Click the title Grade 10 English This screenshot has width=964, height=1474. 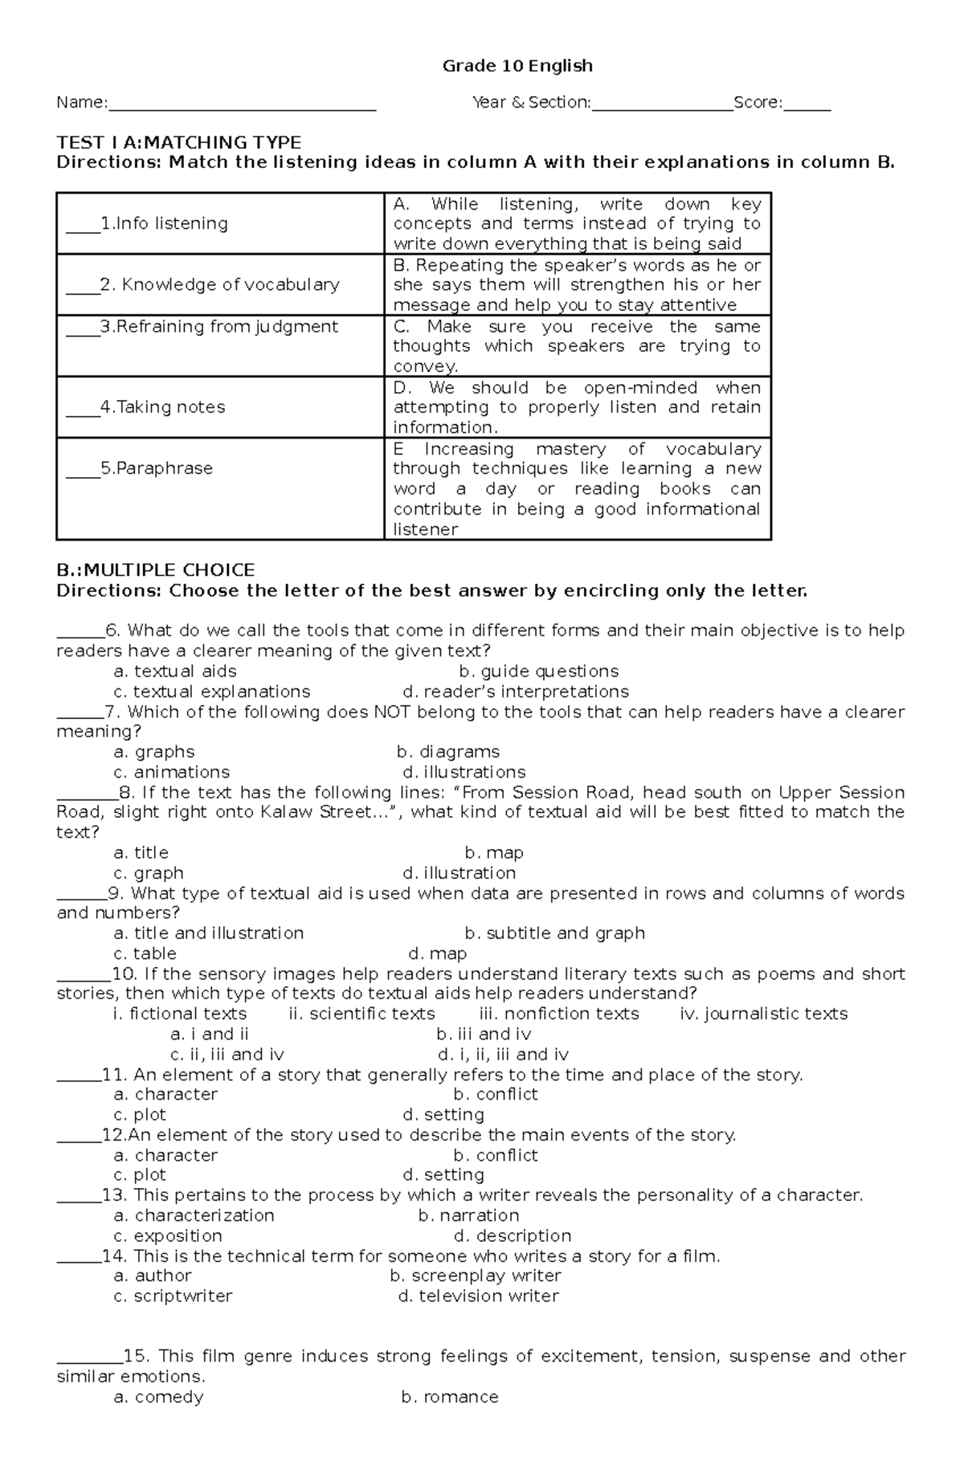[x=517, y=66]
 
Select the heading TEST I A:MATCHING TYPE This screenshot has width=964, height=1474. [x=178, y=142]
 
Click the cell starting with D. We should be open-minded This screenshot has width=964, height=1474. [x=576, y=407]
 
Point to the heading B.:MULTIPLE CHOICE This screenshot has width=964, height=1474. [x=155, y=570]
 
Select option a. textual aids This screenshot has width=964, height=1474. [x=175, y=672]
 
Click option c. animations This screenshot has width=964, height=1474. [x=172, y=772]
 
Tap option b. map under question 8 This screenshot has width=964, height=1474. [x=494, y=853]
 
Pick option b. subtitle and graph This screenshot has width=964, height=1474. [x=554, y=933]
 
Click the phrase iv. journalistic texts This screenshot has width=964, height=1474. [x=763, y=1014]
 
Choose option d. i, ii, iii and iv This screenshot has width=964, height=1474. [x=503, y=1055]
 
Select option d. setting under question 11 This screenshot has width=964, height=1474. [x=443, y=1115]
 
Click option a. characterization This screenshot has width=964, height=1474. [x=194, y=1215]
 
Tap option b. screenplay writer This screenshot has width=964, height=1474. [x=475, y=1276]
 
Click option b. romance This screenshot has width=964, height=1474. [x=449, y=1397]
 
